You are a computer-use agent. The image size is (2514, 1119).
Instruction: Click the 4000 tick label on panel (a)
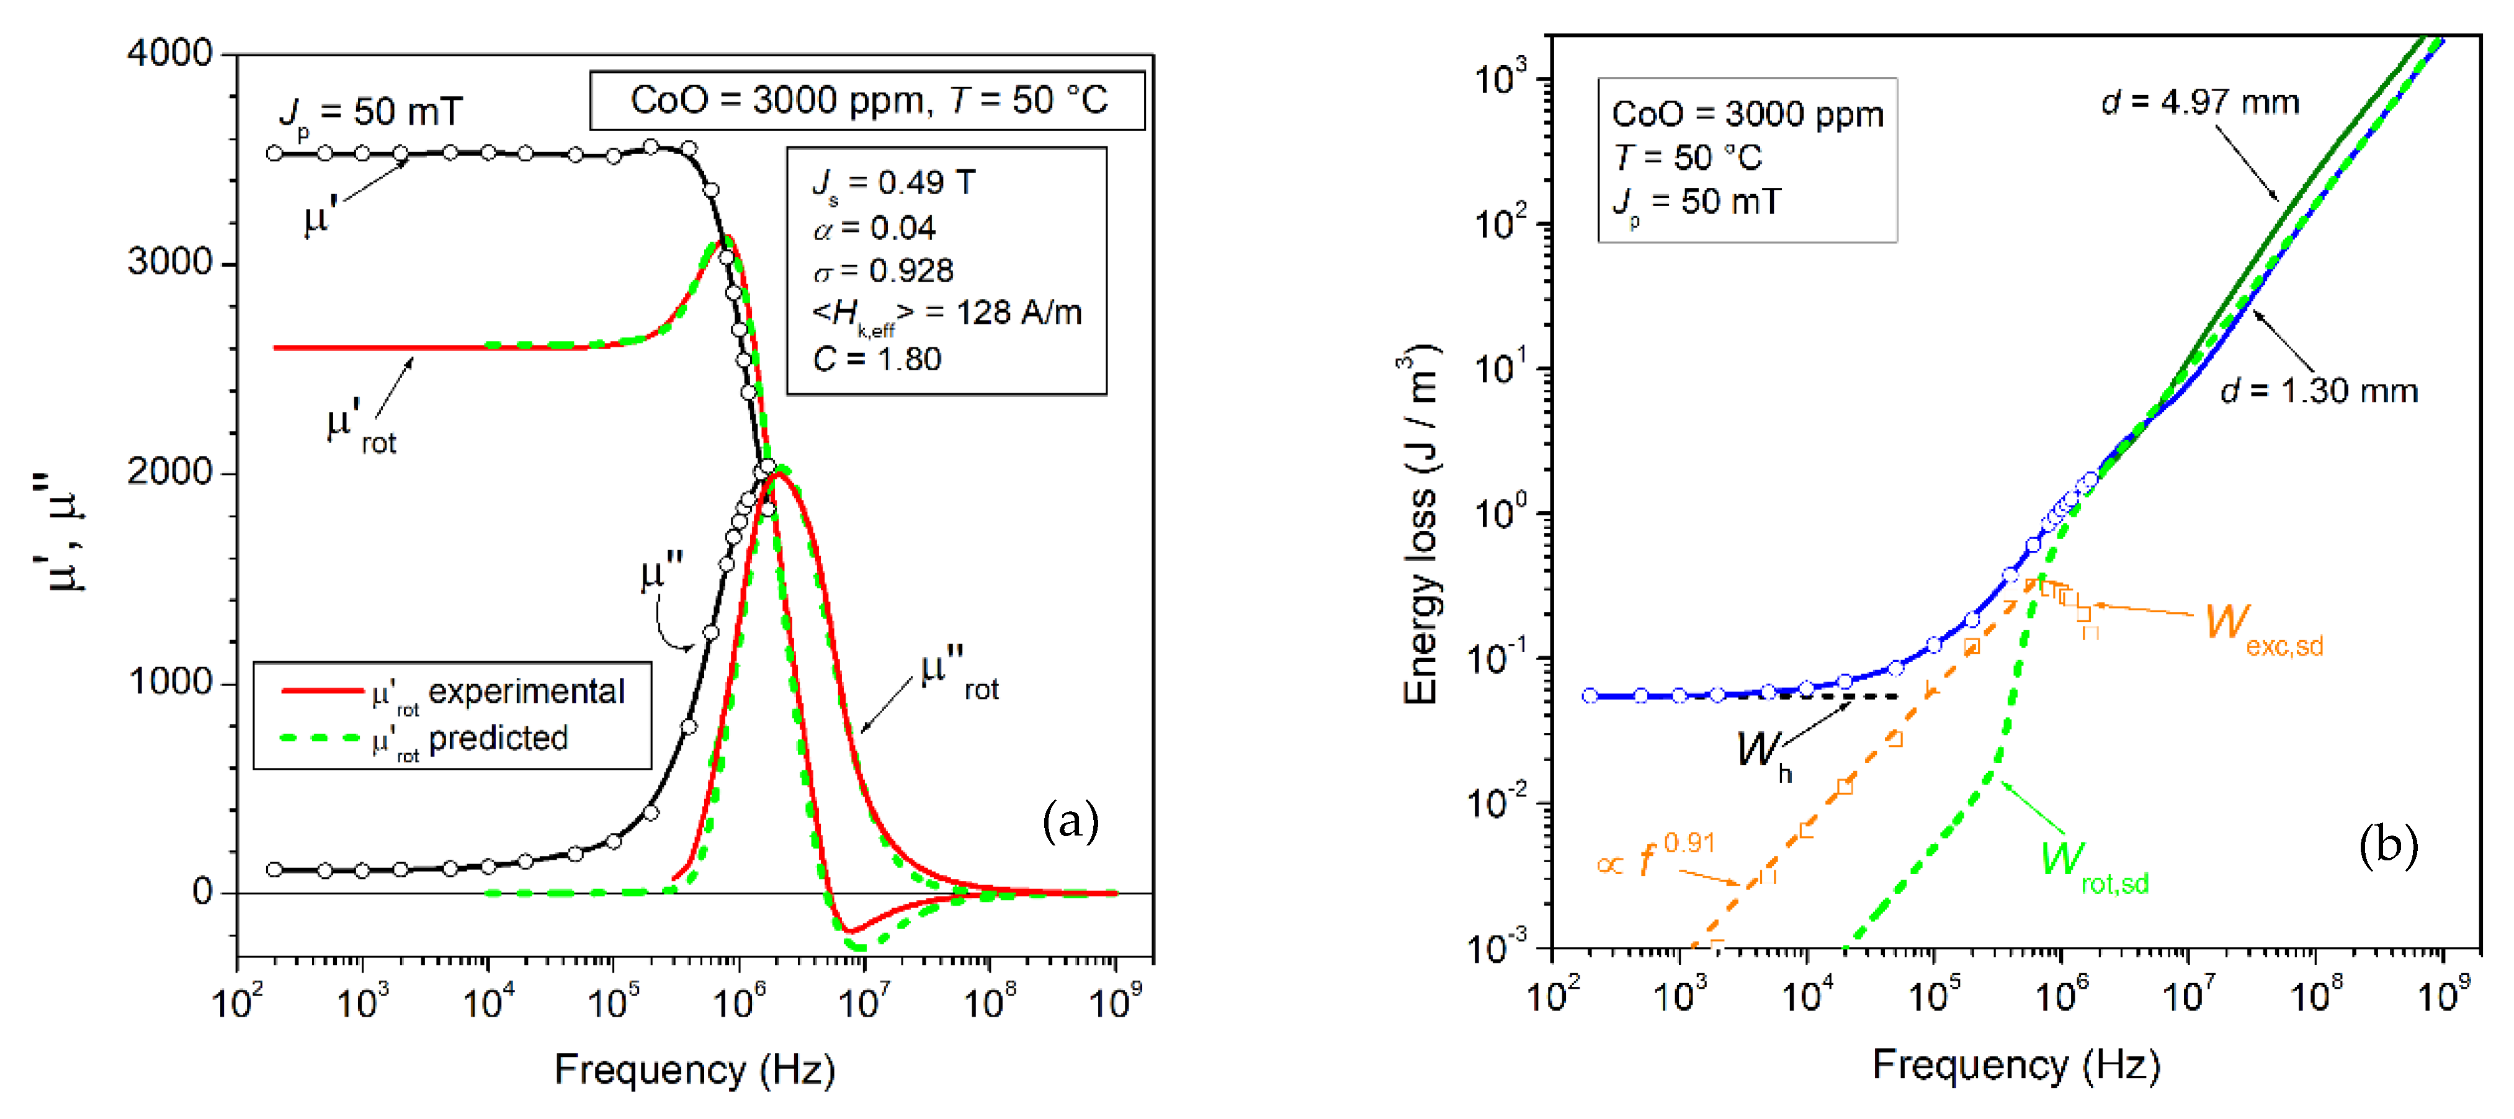[170, 54]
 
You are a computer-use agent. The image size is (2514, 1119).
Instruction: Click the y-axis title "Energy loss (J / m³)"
[1421, 527]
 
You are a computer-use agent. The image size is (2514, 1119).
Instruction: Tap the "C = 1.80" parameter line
[877, 359]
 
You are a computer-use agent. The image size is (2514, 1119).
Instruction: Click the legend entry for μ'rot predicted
[468, 739]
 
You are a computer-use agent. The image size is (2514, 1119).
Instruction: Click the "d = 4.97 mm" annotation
[2200, 102]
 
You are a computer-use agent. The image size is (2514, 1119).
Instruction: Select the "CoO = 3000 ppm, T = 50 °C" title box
[867, 99]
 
